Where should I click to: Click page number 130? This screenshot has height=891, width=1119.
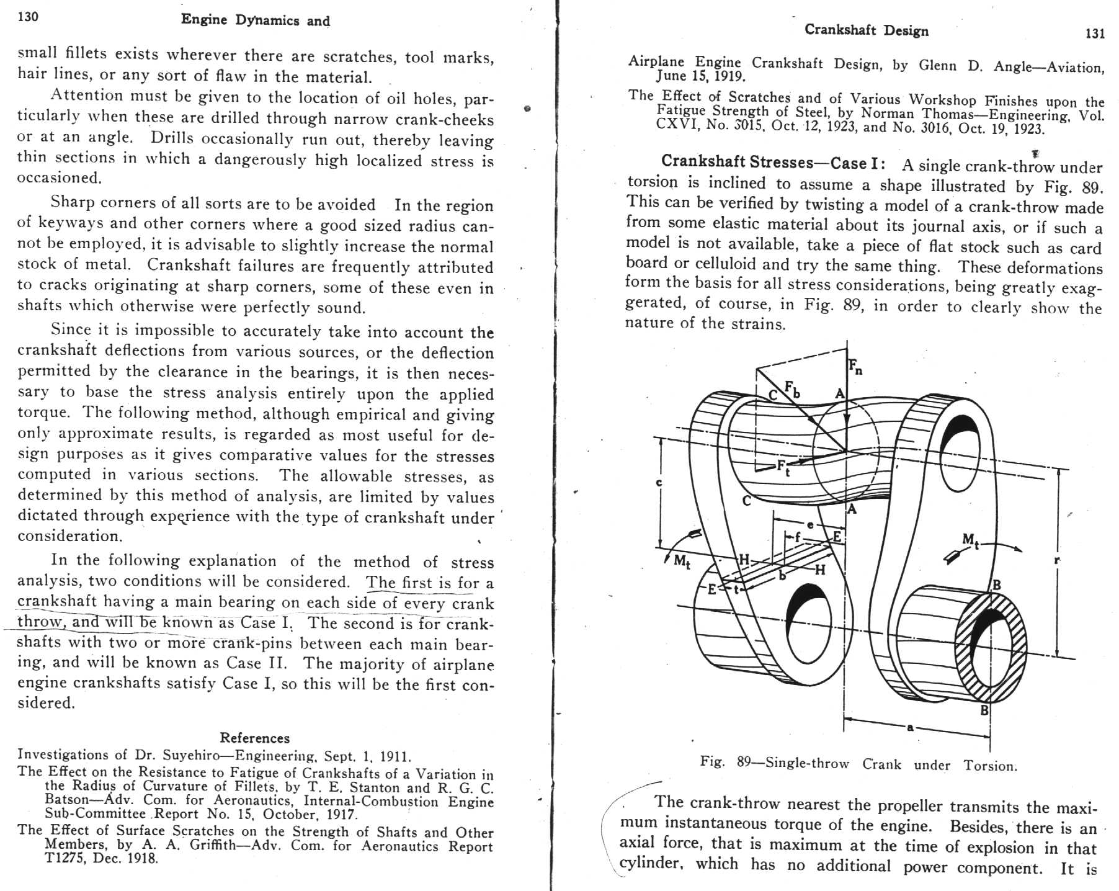pos(28,17)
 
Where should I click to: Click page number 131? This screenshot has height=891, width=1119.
pos(1095,34)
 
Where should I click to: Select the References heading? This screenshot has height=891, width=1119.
pos(254,738)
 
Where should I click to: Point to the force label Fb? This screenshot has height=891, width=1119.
pos(792,389)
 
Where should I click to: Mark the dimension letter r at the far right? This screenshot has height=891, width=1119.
pos(1057,560)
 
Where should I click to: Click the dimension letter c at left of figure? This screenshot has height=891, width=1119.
pos(659,483)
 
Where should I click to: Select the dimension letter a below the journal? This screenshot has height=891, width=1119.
pos(910,727)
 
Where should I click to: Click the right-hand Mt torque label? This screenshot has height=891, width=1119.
pos(970,540)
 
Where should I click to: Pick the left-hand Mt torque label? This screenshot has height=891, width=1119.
pos(681,562)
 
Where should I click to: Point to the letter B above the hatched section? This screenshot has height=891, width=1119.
pos(996,584)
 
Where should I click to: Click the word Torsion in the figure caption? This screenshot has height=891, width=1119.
pos(990,765)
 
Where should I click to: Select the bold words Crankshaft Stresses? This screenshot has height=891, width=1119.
pos(736,161)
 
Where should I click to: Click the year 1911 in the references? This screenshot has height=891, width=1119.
pos(395,756)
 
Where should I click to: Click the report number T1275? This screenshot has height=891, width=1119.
pos(67,859)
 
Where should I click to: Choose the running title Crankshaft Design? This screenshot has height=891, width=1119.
pos(866,30)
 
